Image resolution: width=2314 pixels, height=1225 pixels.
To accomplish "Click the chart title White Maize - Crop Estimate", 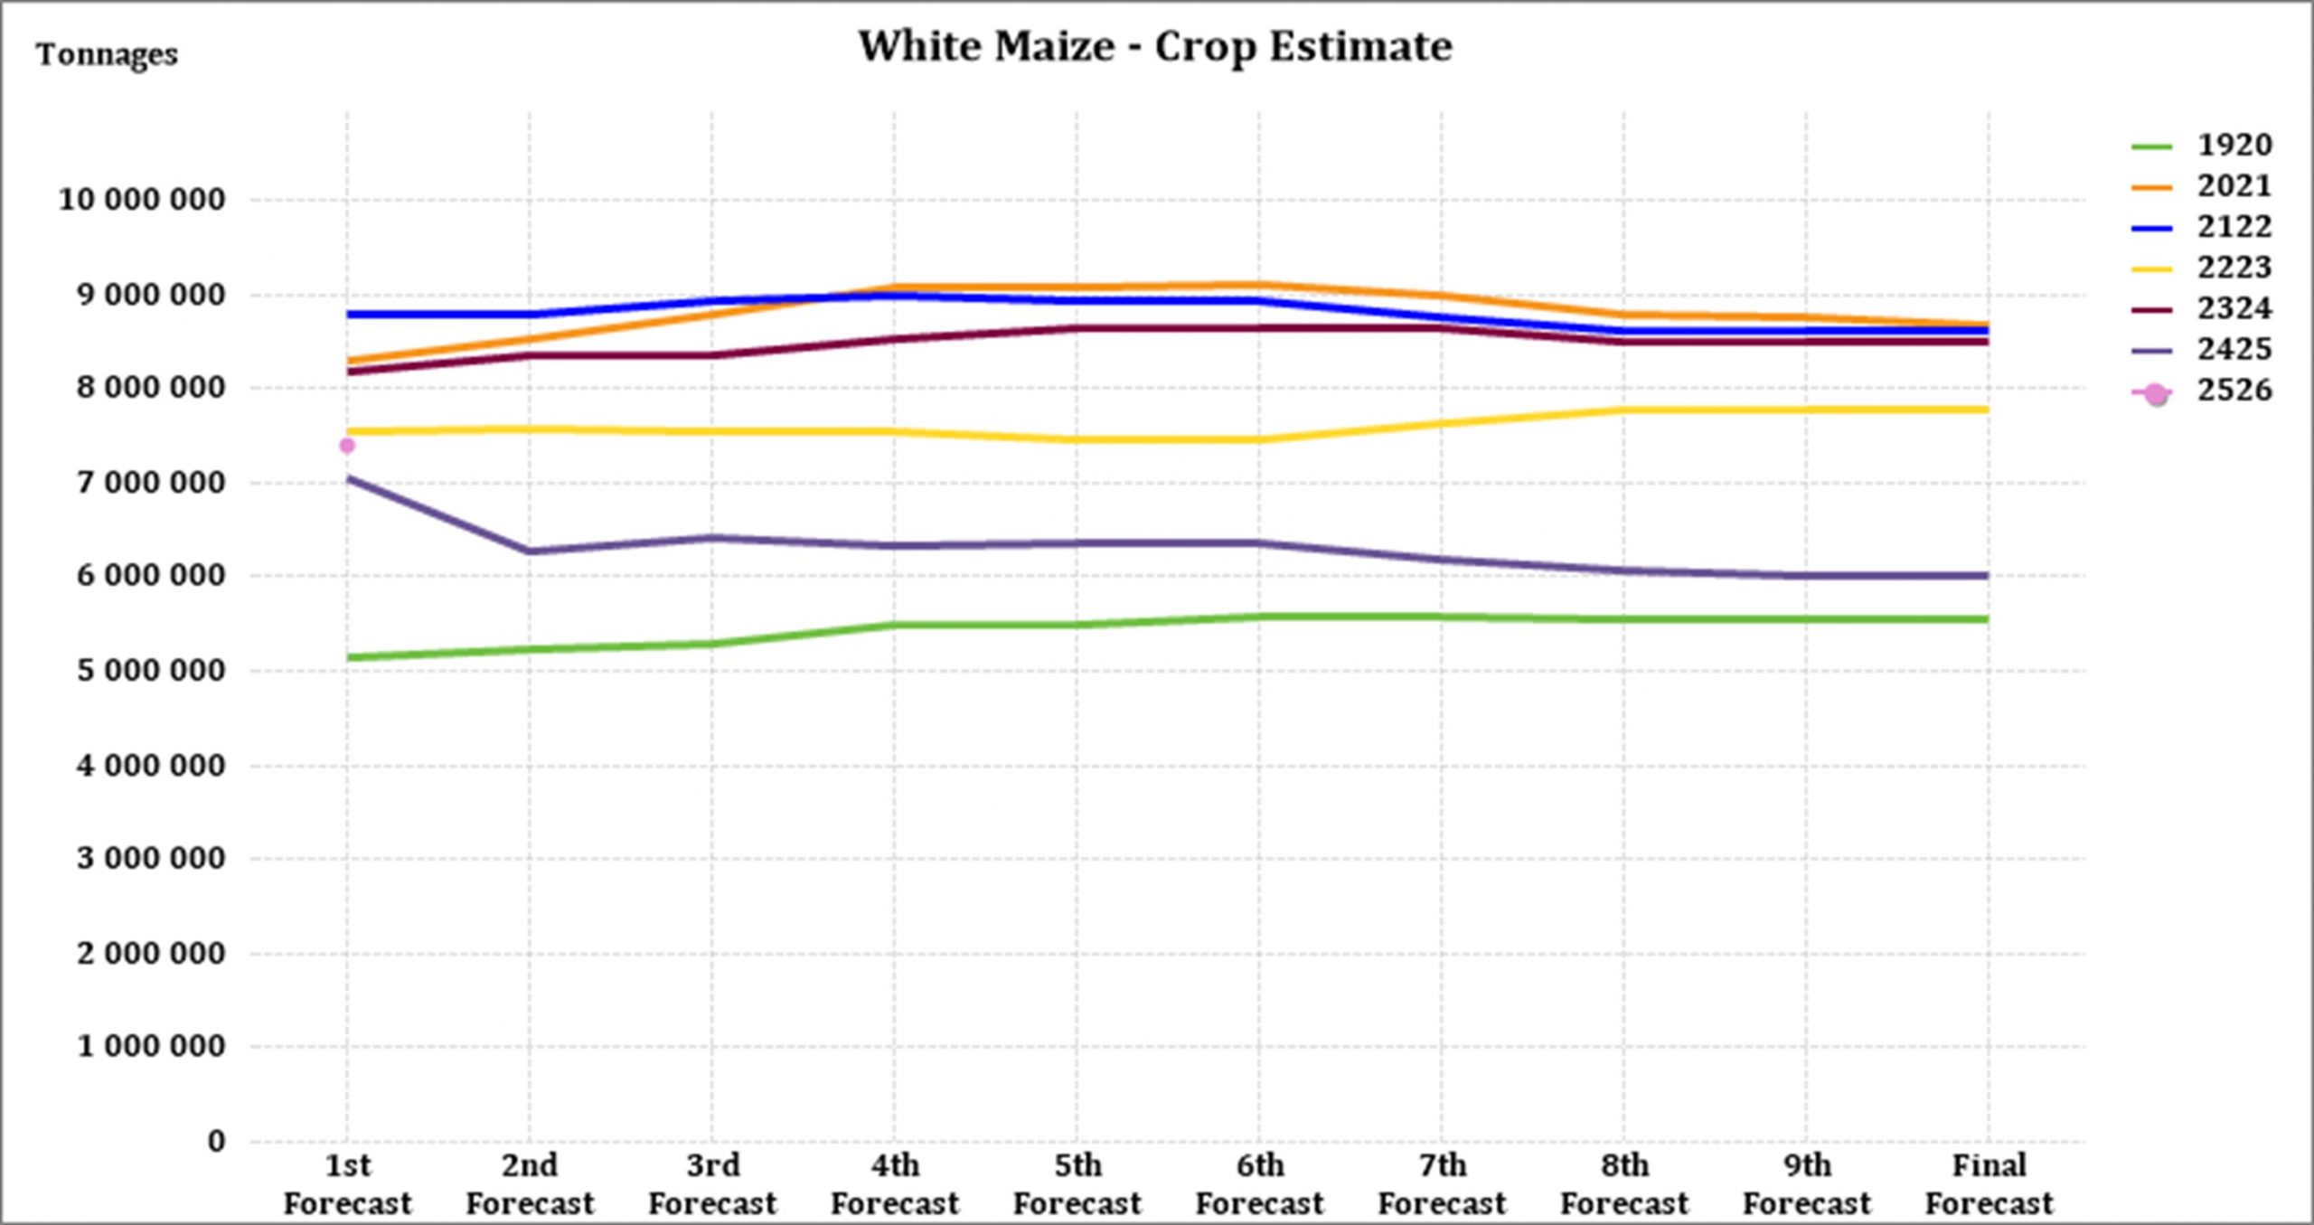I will click(x=1154, y=46).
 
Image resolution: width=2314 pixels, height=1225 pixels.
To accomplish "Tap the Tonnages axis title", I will click(x=107, y=55).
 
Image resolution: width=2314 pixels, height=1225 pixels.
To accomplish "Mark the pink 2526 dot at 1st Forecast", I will click(x=347, y=446).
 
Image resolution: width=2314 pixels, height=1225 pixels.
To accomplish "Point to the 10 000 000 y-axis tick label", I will click(x=142, y=200).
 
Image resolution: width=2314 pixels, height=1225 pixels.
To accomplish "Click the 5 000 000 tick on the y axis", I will click(x=151, y=671).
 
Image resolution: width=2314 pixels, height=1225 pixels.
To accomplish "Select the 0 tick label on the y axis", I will click(x=216, y=1141).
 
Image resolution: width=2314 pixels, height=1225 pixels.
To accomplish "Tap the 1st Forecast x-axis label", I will click(x=347, y=1184).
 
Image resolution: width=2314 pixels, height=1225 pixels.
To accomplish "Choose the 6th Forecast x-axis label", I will click(x=1259, y=1184).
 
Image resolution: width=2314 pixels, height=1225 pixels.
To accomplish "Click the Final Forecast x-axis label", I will click(x=1989, y=1184).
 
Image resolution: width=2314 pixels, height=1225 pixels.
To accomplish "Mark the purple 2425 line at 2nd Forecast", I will click(x=530, y=551).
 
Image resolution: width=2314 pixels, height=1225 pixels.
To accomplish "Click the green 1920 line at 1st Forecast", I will click(x=348, y=657).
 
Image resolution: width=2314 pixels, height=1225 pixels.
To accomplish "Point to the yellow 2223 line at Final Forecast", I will click(x=1987, y=410).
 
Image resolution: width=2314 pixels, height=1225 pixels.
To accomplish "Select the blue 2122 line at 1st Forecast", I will click(x=348, y=315).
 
